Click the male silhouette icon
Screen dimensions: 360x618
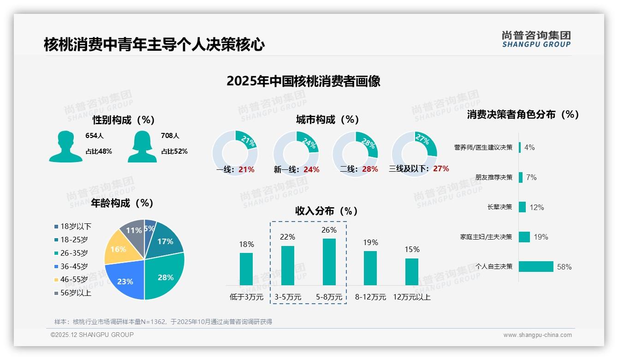[x=65, y=147]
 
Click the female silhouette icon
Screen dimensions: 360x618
[x=142, y=147]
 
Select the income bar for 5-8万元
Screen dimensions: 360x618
[x=329, y=262]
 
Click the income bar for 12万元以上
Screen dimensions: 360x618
[x=411, y=271]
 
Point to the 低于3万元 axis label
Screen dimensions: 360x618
[x=246, y=297]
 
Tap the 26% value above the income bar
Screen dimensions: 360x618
[x=329, y=230]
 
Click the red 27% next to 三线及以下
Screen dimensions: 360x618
[x=441, y=168]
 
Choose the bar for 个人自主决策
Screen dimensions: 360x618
[x=536, y=266]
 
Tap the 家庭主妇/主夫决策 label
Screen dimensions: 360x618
[x=486, y=237]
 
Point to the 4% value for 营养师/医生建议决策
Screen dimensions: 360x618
[x=529, y=147]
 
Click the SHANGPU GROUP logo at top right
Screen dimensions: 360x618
[x=536, y=39]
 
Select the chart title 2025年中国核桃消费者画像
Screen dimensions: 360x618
[x=303, y=81]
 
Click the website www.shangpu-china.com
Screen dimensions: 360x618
[x=537, y=335]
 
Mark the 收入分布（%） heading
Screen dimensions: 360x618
[x=327, y=211]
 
